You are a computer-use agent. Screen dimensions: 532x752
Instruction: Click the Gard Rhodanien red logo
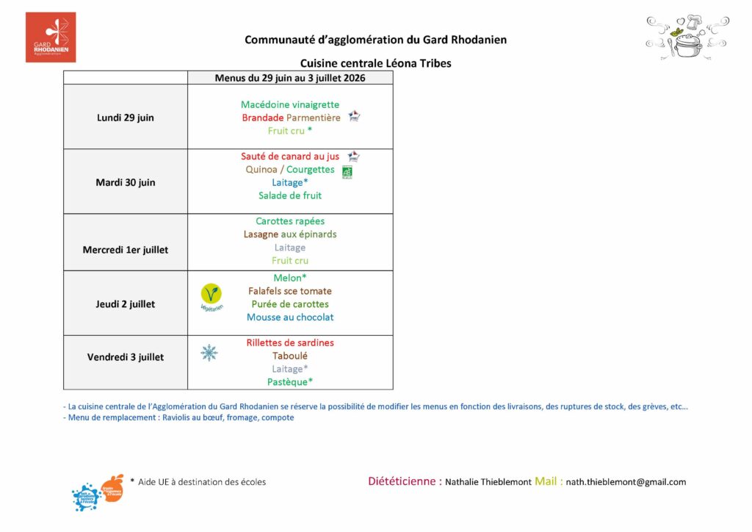(x=51, y=37)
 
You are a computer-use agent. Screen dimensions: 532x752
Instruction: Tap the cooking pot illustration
(x=687, y=38)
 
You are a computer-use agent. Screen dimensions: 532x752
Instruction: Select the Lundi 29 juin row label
(x=126, y=118)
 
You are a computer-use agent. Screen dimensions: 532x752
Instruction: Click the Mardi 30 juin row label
(x=126, y=182)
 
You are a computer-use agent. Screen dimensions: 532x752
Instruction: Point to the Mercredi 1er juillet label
(x=126, y=250)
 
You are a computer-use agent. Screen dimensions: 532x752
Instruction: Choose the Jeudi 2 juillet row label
(x=126, y=304)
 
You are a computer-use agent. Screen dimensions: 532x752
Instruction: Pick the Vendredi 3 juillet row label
(x=126, y=357)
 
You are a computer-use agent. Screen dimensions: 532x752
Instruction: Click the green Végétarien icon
(x=211, y=295)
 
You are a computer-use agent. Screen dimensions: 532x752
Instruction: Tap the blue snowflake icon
(x=209, y=353)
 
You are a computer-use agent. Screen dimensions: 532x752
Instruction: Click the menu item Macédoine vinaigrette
(x=290, y=104)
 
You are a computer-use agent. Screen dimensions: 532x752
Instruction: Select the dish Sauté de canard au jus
(x=290, y=156)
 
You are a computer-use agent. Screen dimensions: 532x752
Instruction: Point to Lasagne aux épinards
(x=290, y=234)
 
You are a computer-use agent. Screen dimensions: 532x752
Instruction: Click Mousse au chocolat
(x=290, y=317)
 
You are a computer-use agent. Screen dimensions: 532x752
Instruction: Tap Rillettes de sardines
(x=290, y=342)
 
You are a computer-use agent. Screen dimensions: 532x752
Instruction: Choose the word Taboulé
(x=290, y=356)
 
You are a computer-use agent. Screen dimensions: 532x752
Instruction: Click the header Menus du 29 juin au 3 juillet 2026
(x=290, y=78)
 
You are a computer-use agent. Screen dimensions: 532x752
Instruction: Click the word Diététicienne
(x=405, y=481)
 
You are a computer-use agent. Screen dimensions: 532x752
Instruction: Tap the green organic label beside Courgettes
(x=347, y=172)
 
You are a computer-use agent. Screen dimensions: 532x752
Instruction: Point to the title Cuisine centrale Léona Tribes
(x=375, y=63)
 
